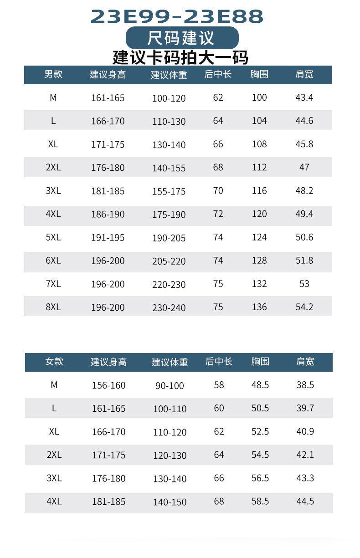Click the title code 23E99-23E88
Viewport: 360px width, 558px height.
click(x=177, y=16)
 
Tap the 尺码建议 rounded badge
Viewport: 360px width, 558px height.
click(x=182, y=37)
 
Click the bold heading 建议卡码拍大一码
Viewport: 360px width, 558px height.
click(x=180, y=58)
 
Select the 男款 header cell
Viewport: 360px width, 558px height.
click(x=53, y=74)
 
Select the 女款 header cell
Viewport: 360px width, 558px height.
click(x=54, y=362)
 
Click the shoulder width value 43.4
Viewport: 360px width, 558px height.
click(x=304, y=97)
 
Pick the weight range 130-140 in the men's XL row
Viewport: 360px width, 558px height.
click(x=169, y=145)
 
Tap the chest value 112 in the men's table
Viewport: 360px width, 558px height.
click(x=259, y=167)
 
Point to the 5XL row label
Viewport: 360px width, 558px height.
click(x=53, y=237)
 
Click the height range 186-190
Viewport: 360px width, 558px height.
click(x=108, y=214)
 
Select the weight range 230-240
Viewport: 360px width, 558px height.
click(x=169, y=308)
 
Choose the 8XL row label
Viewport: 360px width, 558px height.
click(x=53, y=307)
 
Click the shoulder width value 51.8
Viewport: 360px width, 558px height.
click(x=304, y=261)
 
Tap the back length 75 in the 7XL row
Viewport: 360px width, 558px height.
click(x=218, y=284)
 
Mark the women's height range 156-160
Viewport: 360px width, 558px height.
click(x=109, y=385)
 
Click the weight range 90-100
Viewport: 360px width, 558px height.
click(x=170, y=386)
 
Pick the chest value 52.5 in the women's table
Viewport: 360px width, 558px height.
click(x=260, y=431)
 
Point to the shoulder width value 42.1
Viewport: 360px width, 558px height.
click(x=305, y=455)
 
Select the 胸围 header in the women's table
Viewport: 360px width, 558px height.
click(x=260, y=362)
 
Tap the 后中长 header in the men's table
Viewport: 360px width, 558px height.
click(x=218, y=74)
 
